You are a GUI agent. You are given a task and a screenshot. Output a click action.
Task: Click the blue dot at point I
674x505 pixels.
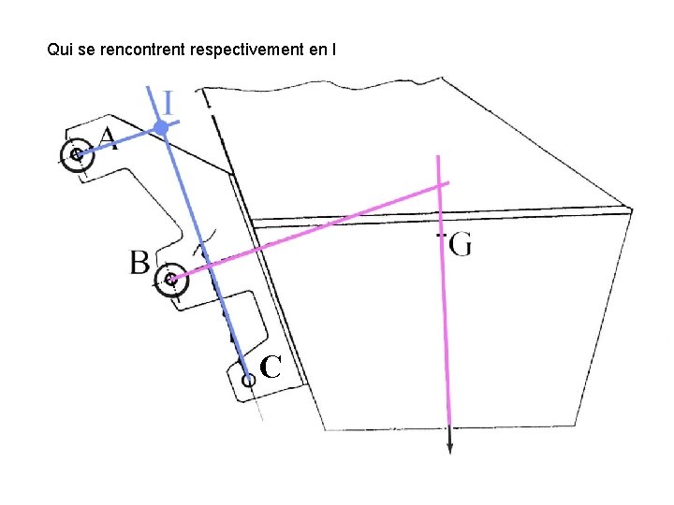click(162, 126)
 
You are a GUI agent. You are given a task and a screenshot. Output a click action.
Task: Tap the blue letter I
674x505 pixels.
click(168, 102)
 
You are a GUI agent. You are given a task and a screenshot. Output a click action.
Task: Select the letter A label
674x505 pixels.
click(108, 139)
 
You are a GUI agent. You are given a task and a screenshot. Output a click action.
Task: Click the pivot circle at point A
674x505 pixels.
click(75, 155)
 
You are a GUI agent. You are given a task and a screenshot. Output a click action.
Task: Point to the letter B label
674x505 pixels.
click(139, 263)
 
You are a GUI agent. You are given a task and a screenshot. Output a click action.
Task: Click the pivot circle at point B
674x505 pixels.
click(169, 279)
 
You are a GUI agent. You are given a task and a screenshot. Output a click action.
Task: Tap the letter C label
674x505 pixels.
click(271, 368)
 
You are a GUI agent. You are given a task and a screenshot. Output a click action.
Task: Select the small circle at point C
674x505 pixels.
click(248, 380)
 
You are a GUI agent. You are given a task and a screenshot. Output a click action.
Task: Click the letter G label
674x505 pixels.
click(460, 245)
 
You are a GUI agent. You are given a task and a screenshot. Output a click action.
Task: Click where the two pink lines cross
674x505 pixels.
click(440, 186)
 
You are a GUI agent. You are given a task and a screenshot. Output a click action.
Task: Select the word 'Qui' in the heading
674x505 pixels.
click(59, 49)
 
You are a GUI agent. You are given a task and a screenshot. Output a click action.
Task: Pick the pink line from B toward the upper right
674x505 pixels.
click(300, 234)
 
